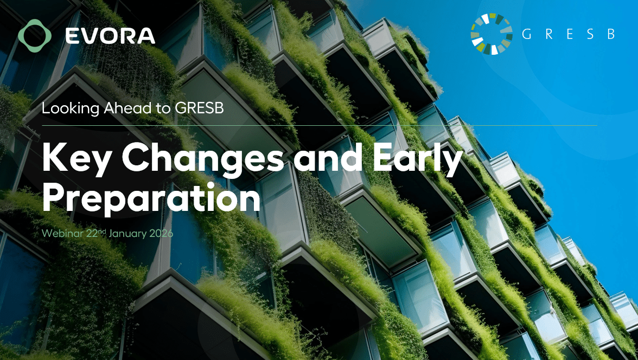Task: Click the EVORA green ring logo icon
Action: pos(35,36)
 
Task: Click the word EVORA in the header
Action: pos(110,36)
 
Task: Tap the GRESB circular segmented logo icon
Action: pos(492,34)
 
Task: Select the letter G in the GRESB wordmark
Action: pos(526,34)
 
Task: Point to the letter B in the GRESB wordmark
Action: pos(611,34)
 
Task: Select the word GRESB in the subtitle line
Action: pos(200,108)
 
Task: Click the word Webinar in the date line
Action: pos(62,234)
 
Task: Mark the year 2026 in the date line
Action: pos(161,234)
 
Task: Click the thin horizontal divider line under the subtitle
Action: pos(320,126)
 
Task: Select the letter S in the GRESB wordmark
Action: pos(590,34)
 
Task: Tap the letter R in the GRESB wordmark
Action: pos(549,34)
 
